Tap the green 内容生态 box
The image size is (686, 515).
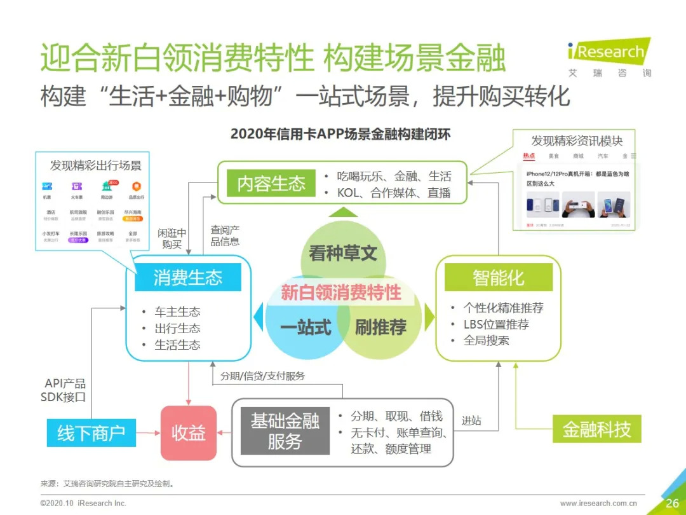click(x=271, y=184)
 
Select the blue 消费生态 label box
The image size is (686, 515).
click(x=188, y=277)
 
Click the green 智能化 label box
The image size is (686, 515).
click(x=498, y=277)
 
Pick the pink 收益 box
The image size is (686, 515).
click(x=188, y=433)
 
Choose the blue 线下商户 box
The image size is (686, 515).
click(x=91, y=433)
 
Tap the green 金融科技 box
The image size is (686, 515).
click(x=596, y=429)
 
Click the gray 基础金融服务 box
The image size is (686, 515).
click(x=285, y=431)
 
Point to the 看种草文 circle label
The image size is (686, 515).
click(x=343, y=254)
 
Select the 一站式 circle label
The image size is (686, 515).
click(x=306, y=327)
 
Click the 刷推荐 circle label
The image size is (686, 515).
click(x=380, y=327)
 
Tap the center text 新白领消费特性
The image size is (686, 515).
click(x=341, y=292)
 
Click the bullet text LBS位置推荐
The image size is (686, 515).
click(x=496, y=324)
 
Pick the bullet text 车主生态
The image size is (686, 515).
click(x=177, y=312)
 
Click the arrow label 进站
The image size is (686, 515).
click(x=471, y=420)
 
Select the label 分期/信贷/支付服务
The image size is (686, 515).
click(x=262, y=376)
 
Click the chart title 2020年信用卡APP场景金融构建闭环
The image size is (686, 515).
click(x=340, y=134)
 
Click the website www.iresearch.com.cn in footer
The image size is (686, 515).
click(x=603, y=504)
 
